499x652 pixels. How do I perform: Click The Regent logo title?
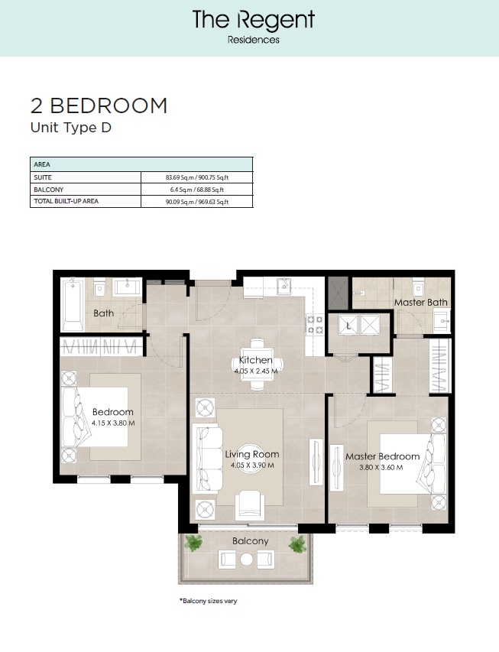(x=253, y=20)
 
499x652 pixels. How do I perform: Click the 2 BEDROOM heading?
(x=99, y=106)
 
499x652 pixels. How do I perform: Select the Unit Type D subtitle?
(x=70, y=128)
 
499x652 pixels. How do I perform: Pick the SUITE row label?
(x=42, y=177)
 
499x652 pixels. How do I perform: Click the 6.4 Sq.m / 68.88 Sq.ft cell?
(x=197, y=190)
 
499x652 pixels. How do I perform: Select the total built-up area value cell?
(x=197, y=202)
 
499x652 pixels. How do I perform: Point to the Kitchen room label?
(x=255, y=360)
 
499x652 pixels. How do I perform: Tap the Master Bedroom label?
(x=382, y=456)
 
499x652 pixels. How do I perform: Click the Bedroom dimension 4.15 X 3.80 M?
(x=112, y=423)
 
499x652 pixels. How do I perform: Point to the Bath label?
(x=103, y=313)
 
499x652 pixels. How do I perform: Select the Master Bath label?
(x=420, y=303)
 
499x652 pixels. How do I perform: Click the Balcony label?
(x=250, y=541)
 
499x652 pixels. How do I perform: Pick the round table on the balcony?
(x=247, y=560)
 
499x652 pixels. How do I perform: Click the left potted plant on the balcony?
(x=196, y=543)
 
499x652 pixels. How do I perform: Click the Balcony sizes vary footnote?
(x=208, y=601)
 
